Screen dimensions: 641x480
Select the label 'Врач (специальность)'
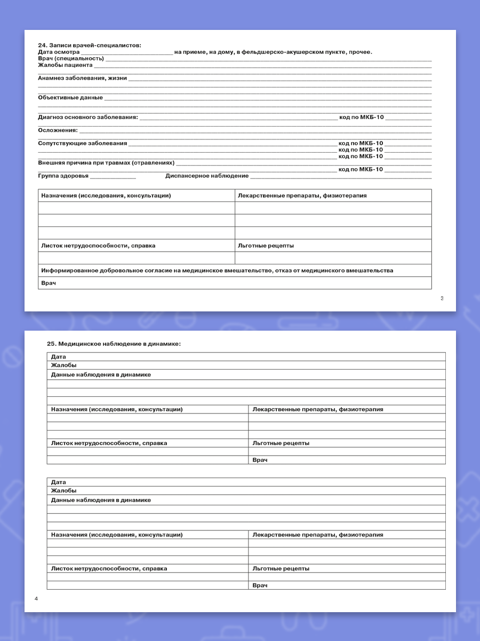[x=71, y=58]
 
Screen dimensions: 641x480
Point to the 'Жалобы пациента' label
[x=65, y=65]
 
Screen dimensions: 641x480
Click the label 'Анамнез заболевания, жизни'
[x=83, y=78]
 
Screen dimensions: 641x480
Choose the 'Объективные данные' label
[x=70, y=98]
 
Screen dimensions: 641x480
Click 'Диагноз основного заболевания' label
[x=88, y=117]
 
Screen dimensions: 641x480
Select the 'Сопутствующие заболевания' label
[x=83, y=143]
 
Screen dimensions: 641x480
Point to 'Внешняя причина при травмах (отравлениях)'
[x=106, y=162]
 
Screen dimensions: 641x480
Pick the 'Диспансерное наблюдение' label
[x=207, y=176]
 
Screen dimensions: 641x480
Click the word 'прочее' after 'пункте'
[x=361, y=52]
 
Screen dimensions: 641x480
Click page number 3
[x=442, y=299]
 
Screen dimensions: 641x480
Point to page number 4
[x=36, y=599]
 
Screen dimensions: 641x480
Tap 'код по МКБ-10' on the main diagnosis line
[x=361, y=117]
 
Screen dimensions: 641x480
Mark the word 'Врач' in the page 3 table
[x=49, y=283]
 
